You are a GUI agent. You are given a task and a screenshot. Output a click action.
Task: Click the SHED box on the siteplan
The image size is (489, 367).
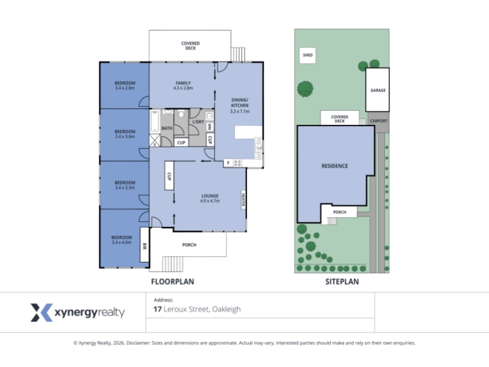pyautogui.click(x=307, y=55)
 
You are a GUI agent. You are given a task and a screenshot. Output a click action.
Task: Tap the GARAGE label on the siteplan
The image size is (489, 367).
pyautogui.click(x=378, y=90)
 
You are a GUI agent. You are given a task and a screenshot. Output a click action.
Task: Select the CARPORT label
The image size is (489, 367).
pyautogui.click(x=378, y=120)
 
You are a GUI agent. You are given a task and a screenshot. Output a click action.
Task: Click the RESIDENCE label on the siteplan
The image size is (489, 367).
pyautogui.click(x=334, y=166)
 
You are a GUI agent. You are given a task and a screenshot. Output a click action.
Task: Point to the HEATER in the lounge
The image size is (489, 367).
pyautogui.click(x=243, y=200)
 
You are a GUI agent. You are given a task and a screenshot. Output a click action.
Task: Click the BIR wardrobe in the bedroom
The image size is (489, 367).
pyautogui.click(x=144, y=245)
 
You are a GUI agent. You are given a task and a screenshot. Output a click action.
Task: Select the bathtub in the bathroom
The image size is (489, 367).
pyautogui.click(x=155, y=121)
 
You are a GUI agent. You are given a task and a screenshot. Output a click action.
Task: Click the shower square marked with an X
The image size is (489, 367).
pyautogui.click(x=155, y=141)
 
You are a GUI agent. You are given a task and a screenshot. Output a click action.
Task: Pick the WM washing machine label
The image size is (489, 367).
pyautogui.click(x=210, y=127)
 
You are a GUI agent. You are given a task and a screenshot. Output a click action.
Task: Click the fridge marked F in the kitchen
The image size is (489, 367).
pyautogui.click(x=228, y=163)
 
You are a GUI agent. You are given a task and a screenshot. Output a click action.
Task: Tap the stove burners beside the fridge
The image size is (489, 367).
pyautogui.click(x=237, y=163)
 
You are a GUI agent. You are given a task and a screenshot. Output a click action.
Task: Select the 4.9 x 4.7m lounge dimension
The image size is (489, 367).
pyautogui.click(x=210, y=201)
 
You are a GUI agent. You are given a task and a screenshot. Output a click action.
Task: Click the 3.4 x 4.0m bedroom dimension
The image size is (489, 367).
pyautogui.click(x=122, y=242)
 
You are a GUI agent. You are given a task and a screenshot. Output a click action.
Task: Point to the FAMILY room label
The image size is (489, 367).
pyautogui.click(x=183, y=83)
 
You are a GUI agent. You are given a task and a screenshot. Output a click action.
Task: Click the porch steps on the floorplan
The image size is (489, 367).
pyautogui.click(x=172, y=264)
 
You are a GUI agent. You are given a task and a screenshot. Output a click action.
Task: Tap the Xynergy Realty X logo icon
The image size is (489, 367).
pyautogui.click(x=42, y=313)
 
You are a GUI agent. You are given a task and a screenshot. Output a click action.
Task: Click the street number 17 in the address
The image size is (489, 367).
pyautogui.click(x=157, y=310)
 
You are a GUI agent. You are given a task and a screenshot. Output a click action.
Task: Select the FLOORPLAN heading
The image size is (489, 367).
pyautogui.click(x=172, y=282)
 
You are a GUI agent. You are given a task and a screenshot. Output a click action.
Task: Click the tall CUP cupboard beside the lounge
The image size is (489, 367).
pyautogui.click(x=169, y=176)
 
